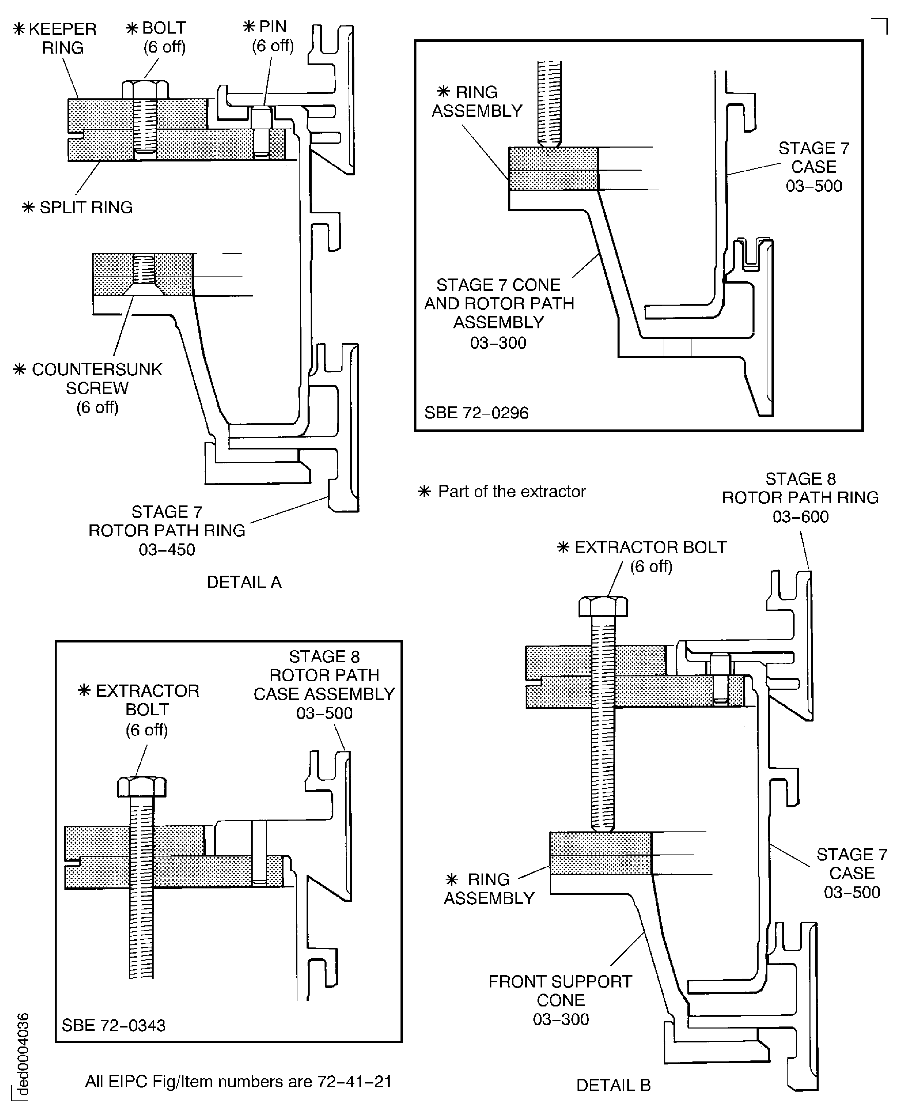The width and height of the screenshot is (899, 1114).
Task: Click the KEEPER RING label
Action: (x=55, y=38)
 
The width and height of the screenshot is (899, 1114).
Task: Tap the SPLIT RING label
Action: (x=77, y=207)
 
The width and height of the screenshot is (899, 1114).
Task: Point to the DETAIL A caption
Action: (x=244, y=582)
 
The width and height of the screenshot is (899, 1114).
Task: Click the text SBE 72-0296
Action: (x=476, y=413)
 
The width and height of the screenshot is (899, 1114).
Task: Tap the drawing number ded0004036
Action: (x=22, y=1058)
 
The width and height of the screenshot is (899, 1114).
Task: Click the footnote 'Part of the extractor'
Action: (x=501, y=492)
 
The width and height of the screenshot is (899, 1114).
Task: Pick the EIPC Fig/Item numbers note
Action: (x=238, y=1081)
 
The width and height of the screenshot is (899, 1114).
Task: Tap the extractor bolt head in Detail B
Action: (x=603, y=607)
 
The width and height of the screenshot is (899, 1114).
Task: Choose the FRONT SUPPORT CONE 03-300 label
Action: (x=560, y=1000)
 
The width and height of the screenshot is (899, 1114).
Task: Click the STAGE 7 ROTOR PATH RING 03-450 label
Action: (x=167, y=530)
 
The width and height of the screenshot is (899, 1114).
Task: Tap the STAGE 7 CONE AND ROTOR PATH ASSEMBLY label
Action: (x=499, y=313)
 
